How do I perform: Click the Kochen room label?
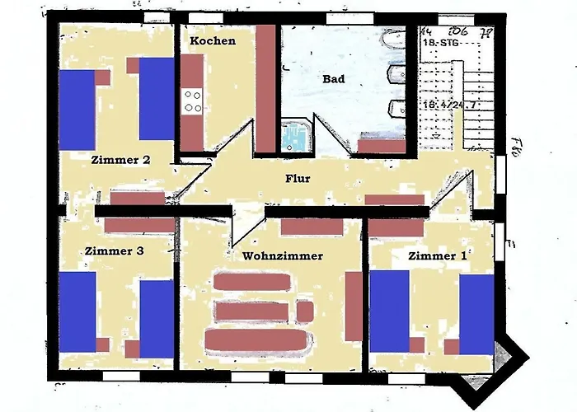tap(212, 40)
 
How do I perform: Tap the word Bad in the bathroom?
tap(333, 79)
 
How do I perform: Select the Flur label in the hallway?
tap(297, 178)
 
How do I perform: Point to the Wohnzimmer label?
tap(282, 256)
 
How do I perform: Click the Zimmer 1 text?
tap(437, 256)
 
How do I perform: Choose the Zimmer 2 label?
tap(120, 160)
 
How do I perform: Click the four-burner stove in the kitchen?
tap(193, 101)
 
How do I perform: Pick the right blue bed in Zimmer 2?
tap(156, 99)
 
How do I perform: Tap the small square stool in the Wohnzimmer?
tap(305, 311)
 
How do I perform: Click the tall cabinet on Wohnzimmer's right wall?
tap(354, 306)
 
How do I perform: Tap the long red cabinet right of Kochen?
tap(265, 88)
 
